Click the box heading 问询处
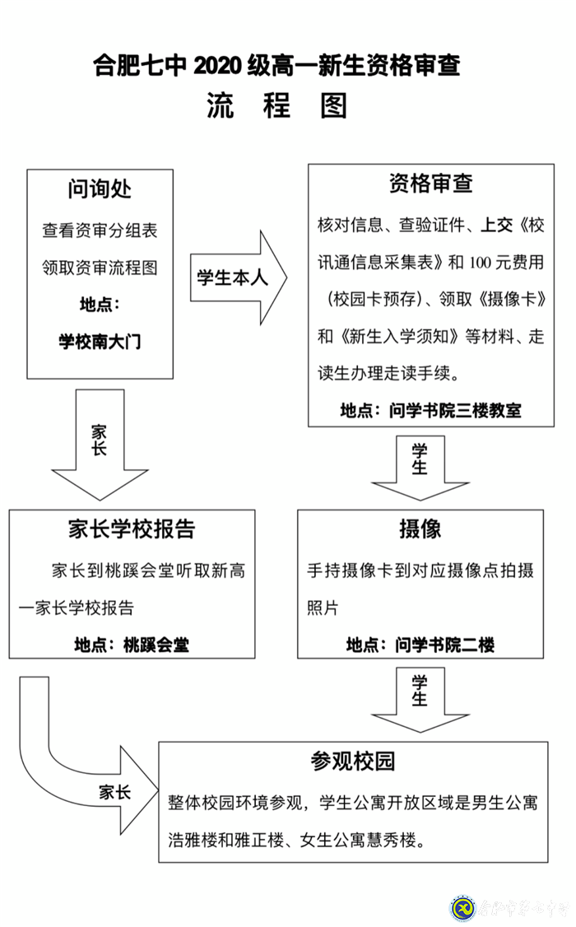coord(100,189)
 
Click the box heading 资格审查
coord(430,184)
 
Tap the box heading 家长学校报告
coord(132,529)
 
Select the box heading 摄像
coord(420,529)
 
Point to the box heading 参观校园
coord(353,761)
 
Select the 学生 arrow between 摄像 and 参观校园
coord(420,696)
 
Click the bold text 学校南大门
coord(100,342)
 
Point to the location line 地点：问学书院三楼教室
coord(430,410)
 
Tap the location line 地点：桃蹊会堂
coord(132,644)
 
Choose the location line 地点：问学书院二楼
coord(420,645)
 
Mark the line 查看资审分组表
coord(100,231)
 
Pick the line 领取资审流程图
coord(100,268)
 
